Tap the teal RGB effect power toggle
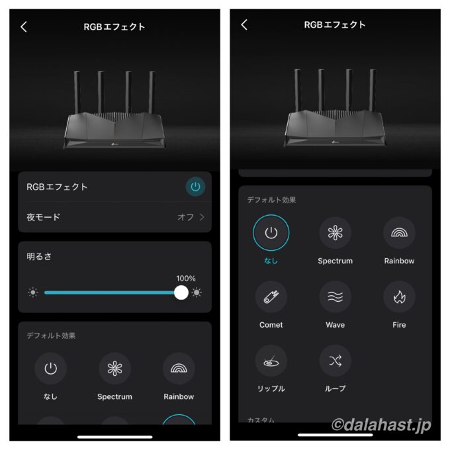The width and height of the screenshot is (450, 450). pyautogui.click(x=195, y=187)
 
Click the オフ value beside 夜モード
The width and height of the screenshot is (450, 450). pyautogui.click(x=186, y=217)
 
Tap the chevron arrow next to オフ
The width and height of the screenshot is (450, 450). pyautogui.click(x=202, y=217)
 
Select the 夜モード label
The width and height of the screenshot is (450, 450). pyautogui.click(x=43, y=217)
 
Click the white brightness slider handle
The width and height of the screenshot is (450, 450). pyautogui.click(x=181, y=292)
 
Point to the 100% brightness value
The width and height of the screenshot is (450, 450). pyautogui.click(x=186, y=279)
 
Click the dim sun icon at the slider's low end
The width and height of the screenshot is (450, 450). pyautogui.click(x=32, y=292)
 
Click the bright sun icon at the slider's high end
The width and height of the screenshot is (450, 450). pyautogui.click(x=197, y=292)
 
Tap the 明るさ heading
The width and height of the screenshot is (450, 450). pyautogui.click(x=39, y=256)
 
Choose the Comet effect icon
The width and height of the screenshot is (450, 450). pyautogui.click(x=271, y=296)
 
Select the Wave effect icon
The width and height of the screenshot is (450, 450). pyautogui.click(x=336, y=296)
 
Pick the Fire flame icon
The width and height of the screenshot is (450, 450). pyautogui.click(x=399, y=296)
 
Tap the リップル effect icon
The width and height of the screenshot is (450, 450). pyautogui.click(x=271, y=361)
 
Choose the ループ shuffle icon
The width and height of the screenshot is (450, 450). pyautogui.click(x=336, y=361)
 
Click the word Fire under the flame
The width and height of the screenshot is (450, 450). pyautogui.click(x=399, y=325)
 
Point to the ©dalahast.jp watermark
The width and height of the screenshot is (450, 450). pyautogui.click(x=381, y=425)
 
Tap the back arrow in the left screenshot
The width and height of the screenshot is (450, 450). pyautogui.click(x=24, y=26)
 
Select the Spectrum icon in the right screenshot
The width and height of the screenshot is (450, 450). pyautogui.click(x=336, y=233)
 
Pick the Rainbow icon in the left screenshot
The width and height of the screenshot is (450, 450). pyautogui.click(x=179, y=369)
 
